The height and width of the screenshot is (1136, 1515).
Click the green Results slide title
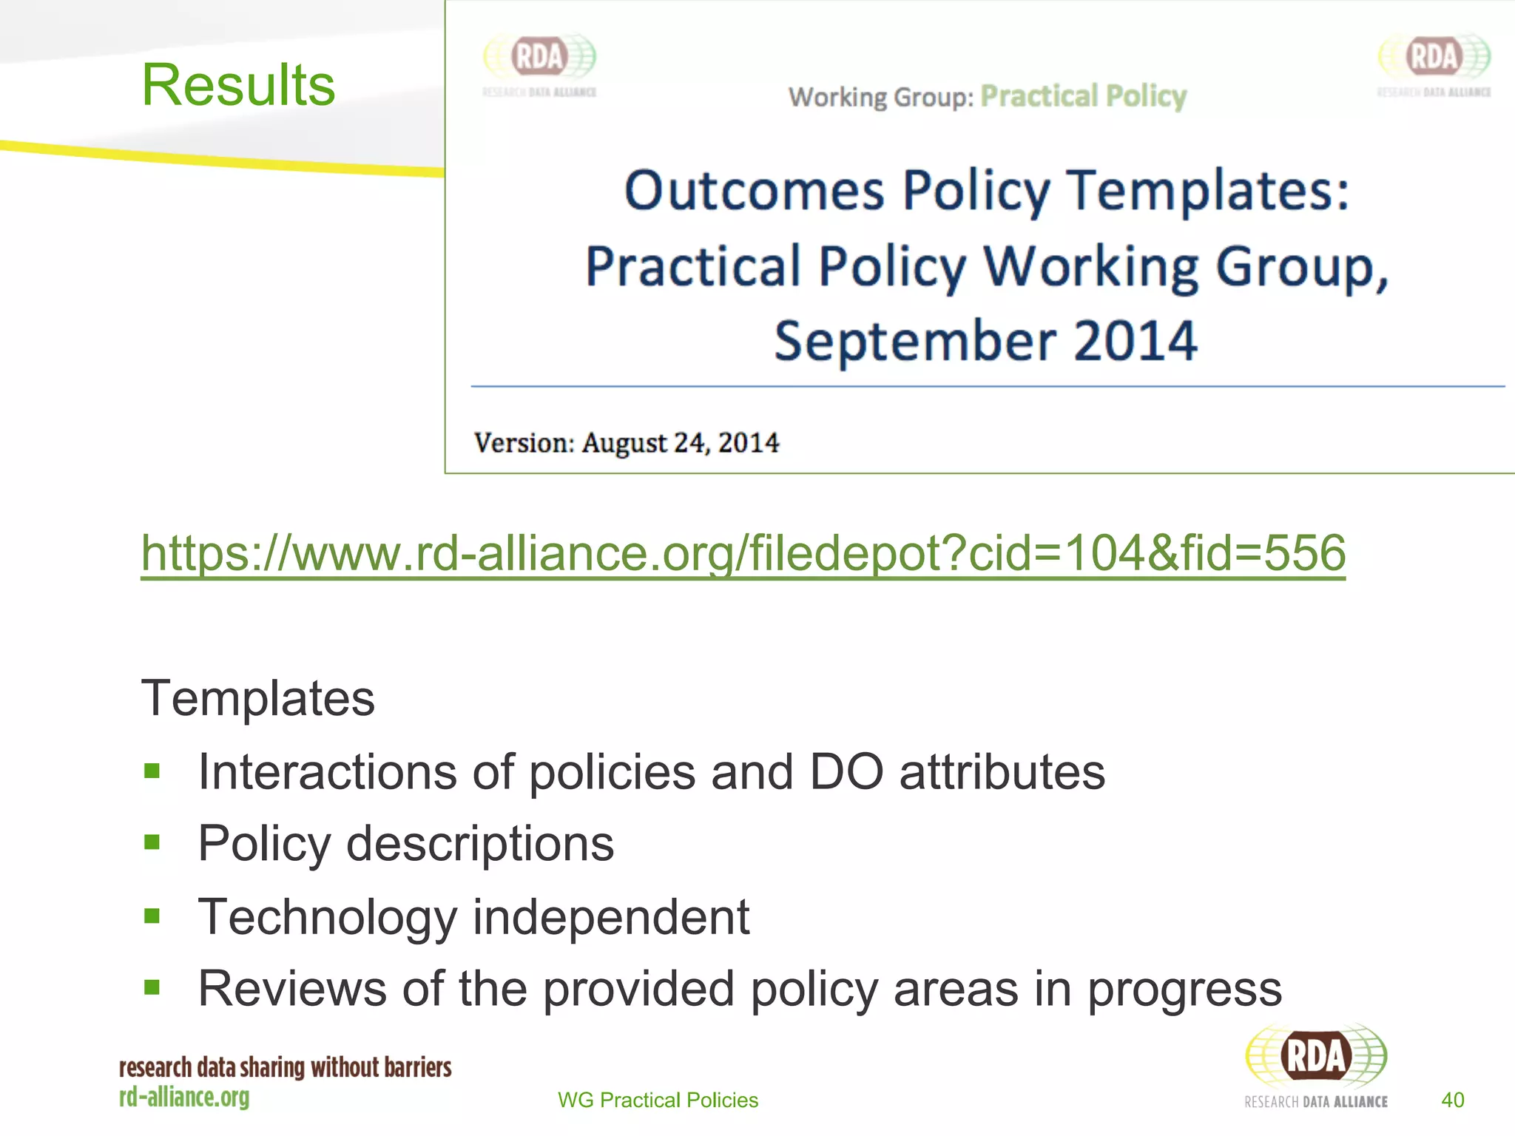(x=238, y=85)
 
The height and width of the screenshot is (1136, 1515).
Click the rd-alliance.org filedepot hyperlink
(x=743, y=553)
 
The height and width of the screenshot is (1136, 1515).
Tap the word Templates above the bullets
(x=257, y=698)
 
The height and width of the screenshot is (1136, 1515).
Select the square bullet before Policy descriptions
(x=152, y=842)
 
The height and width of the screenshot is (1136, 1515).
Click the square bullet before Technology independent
(x=152, y=916)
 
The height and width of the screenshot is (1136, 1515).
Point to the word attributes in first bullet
(x=1002, y=772)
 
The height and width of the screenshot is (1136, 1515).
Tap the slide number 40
(x=1452, y=1100)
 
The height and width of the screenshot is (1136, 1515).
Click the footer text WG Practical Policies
(x=658, y=1100)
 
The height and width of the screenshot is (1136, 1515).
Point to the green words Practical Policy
(x=1083, y=96)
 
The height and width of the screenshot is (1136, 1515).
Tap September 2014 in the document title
(x=985, y=341)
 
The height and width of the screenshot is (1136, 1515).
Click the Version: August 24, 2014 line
(x=626, y=443)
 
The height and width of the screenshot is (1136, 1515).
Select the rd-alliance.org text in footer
(x=184, y=1097)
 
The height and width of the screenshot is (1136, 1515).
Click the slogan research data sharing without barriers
(x=285, y=1067)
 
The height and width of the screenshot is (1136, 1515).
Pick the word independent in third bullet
(x=610, y=917)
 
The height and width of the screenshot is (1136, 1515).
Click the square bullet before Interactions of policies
(x=152, y=771)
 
